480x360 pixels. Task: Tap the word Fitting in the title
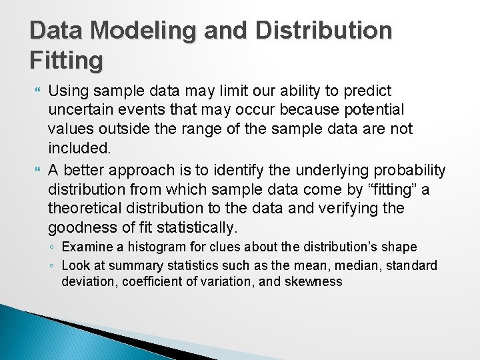pos(67,61)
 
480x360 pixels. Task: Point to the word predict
pos(369,91)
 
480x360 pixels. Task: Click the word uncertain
pos(79,109)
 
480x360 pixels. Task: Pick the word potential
pos(378,109)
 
